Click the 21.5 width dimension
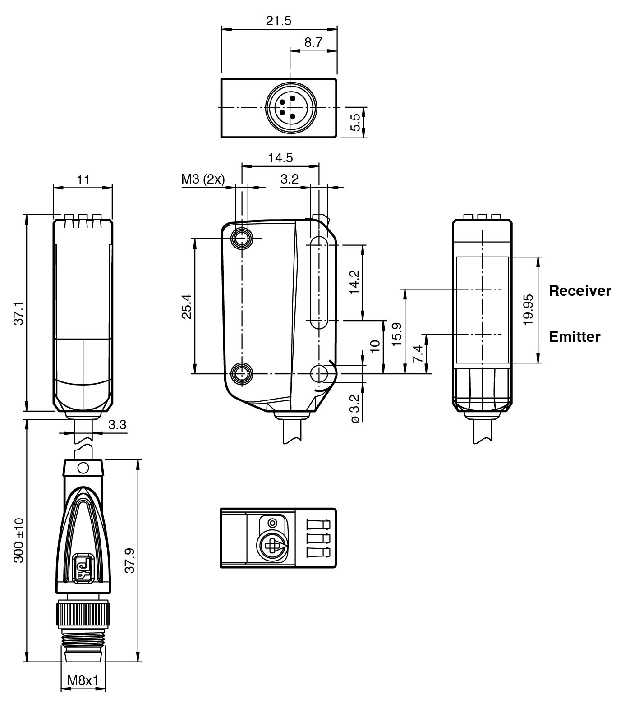278,21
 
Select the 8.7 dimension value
313,42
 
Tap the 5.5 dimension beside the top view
356,122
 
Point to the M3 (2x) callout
203,179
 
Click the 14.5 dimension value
280,158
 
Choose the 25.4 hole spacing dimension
186,306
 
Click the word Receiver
579,291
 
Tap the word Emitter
574,337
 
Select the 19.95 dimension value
529,309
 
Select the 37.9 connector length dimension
130,561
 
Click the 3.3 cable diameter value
117,425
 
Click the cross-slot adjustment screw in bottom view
272,547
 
